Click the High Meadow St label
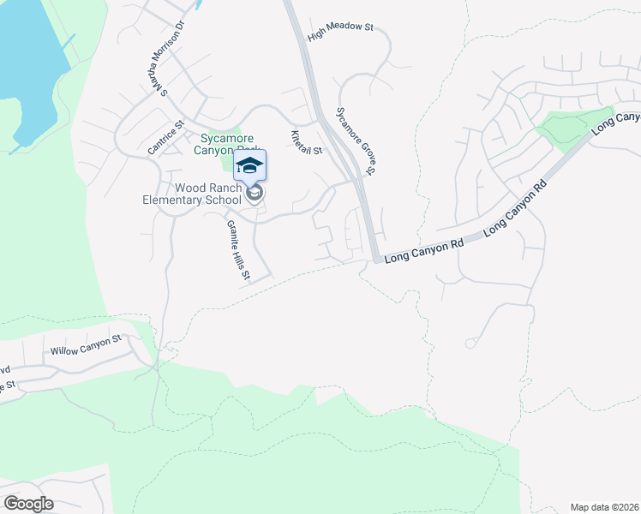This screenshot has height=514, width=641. click(x=341, y=27)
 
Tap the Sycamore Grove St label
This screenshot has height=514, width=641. click(x=356, y=141)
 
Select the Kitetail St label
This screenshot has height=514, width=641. click(x=306, y=142)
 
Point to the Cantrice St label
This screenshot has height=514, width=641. click(x=165, y=137)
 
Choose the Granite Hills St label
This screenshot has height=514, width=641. click(x=237, y=250)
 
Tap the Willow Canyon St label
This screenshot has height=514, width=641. click(x=86, y=345)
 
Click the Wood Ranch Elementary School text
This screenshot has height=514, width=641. click(x=196, y=194)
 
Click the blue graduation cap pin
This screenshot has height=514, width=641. click(x=249, y=164)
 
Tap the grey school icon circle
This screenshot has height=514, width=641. click(x=254, y=194)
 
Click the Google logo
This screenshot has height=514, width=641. click(x=28, y=504)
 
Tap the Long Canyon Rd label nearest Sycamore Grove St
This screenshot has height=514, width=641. click(x=423, y=250)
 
